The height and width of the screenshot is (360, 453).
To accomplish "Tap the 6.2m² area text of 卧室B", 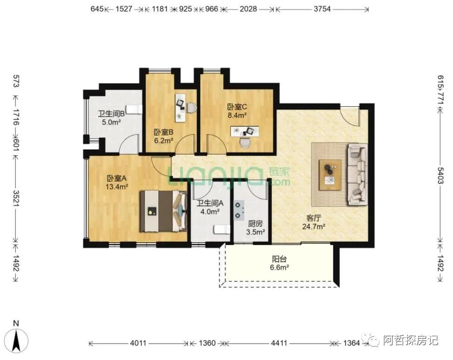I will point(163,140).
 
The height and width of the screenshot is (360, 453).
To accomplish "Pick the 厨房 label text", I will point(255,224).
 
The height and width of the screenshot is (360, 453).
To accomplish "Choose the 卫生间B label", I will point(111,114).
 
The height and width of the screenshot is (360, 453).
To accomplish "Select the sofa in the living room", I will point(357,174).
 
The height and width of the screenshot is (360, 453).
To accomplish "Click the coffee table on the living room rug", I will point(330,174).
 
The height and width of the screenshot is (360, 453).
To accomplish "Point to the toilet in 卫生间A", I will point(220,230).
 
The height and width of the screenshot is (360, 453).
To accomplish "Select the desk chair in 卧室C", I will point(244,142).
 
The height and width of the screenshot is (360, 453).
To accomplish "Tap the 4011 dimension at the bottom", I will point(138,343).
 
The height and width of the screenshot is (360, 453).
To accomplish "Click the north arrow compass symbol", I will point(17,339).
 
